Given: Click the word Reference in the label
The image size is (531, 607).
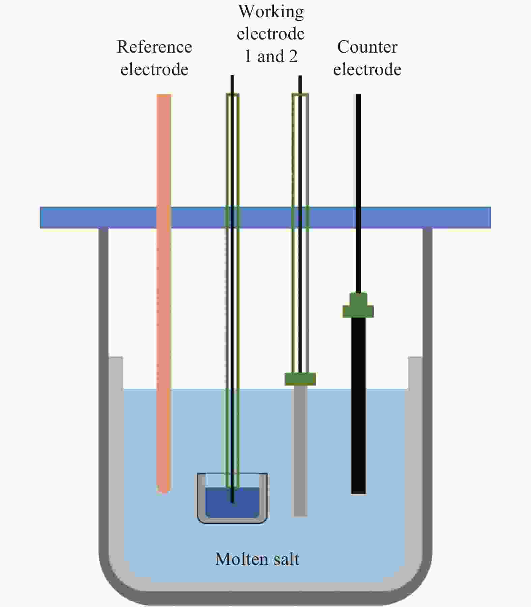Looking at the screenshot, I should coord(154,47).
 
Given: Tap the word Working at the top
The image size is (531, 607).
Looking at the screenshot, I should coord(271,11).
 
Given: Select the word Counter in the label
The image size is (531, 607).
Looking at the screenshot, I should coord(367,47).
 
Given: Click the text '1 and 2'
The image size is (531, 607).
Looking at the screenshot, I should coord(271,56).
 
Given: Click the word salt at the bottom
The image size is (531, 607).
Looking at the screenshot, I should coord(286,559).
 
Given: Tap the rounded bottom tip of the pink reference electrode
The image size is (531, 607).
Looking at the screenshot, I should coord(164,489).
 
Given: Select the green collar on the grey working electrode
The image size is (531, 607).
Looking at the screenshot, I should coord(300,378).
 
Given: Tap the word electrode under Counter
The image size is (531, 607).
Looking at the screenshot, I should coord(367,70).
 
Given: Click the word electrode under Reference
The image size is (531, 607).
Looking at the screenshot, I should coord(154,70).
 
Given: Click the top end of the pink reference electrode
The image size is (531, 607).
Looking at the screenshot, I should coord(164,97).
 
